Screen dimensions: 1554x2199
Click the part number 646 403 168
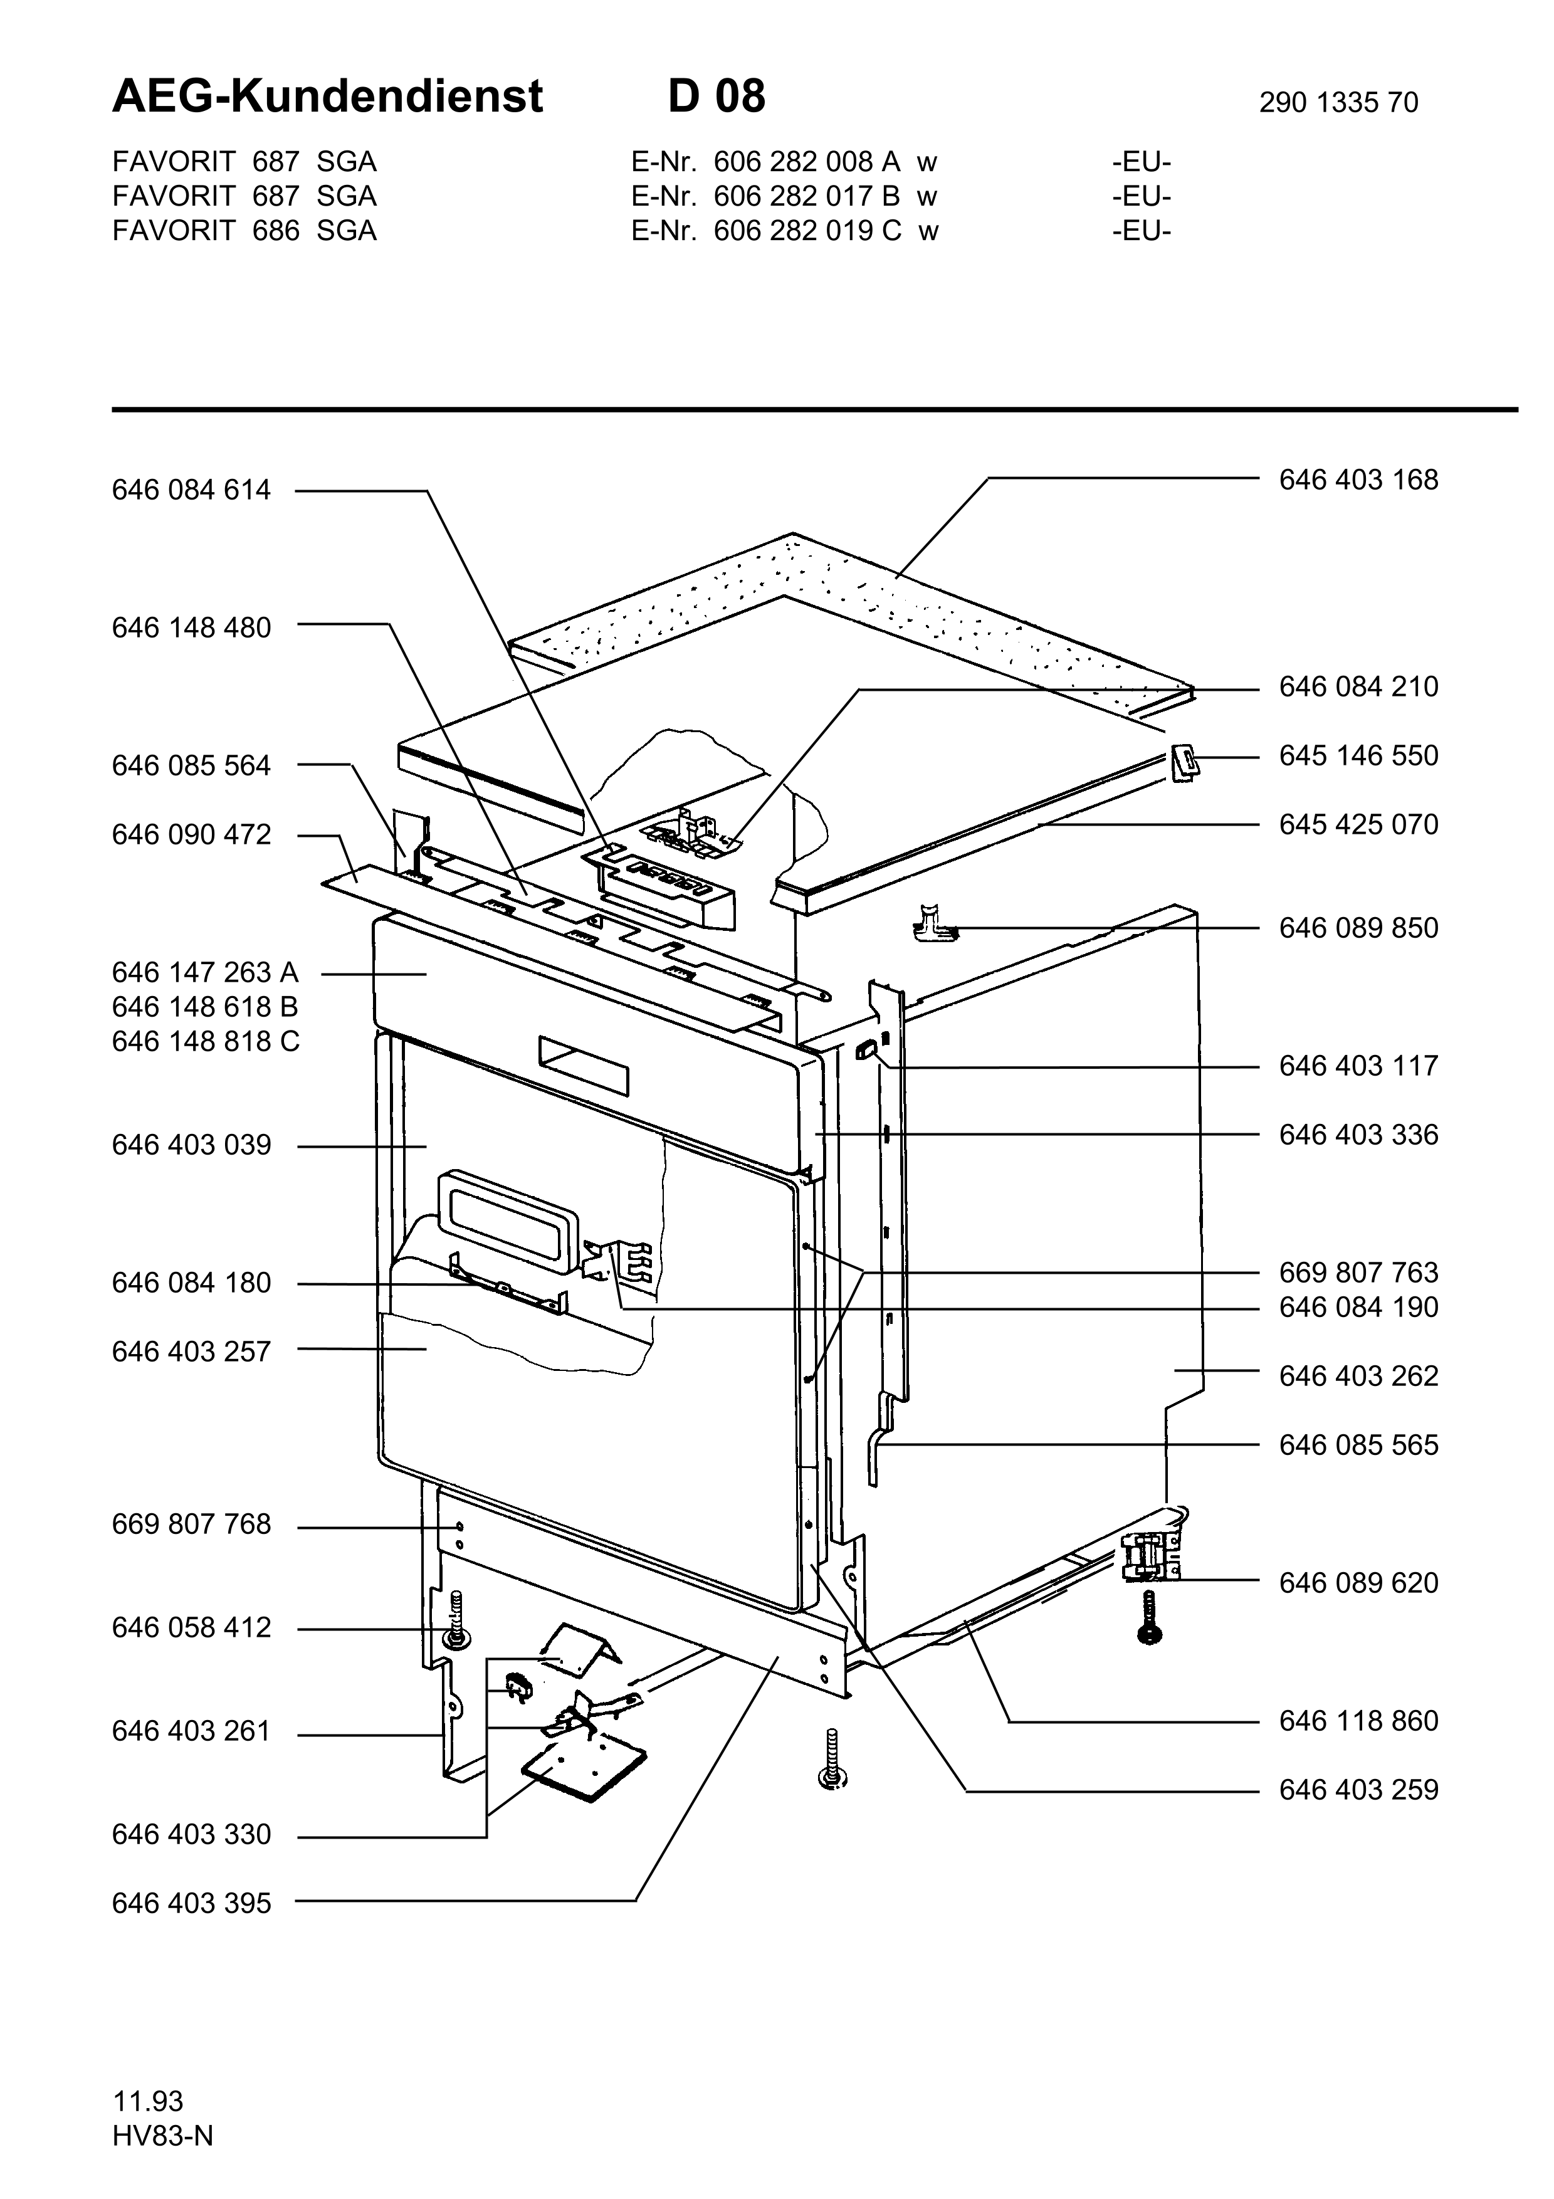pos(1358,480)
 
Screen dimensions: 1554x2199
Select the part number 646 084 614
pos(191,490)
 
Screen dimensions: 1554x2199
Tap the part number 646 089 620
pos(1358,1583)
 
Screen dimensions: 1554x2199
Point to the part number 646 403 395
pos(191,1903)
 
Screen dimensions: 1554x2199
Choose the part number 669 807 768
pos(191,1524)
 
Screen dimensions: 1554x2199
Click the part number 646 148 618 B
pos(205,1007)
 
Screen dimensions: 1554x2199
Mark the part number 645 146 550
pos(1358,755)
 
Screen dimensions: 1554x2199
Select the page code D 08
pos(717,97)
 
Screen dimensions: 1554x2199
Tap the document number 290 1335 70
pos(1338,102)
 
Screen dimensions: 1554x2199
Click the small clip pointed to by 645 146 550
pos(1184,765)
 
